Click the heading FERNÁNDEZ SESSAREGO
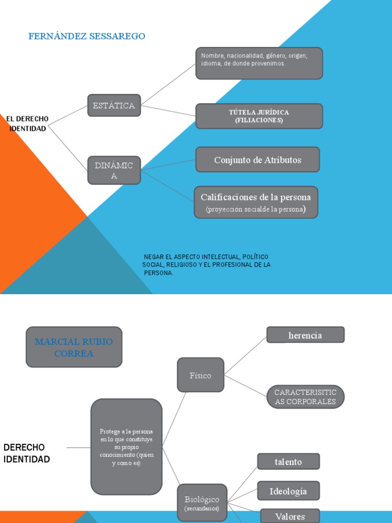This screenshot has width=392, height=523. click(87, 36)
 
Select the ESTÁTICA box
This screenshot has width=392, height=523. click(114, 106)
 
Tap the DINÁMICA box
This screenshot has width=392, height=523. click(114, 170)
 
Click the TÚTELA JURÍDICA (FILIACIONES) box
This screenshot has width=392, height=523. click(259, 116)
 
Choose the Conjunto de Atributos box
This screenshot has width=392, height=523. click(258, 160)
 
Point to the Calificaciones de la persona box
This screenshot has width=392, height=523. click(256, 202)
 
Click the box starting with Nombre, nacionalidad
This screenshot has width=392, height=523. click(259, 63)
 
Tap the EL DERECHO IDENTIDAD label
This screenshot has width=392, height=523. click(28, 124)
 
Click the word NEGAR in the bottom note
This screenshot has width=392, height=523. click(152, 256)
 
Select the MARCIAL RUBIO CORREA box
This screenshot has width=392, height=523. click(74, 347)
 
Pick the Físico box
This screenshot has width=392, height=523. click(200, 375)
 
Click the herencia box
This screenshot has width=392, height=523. click(305, 335)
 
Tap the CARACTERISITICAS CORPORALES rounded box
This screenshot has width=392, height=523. click(305, 397)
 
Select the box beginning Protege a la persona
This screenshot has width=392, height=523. click(127, 447)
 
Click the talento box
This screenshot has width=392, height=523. click(288, 462)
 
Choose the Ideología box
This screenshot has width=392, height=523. click(288, 491)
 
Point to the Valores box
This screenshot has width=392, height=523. click(289, 516)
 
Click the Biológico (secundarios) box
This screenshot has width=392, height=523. click(202, 503)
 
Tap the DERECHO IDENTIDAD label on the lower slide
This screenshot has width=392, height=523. click(27, 453)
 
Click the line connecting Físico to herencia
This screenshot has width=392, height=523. click(246, 355)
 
